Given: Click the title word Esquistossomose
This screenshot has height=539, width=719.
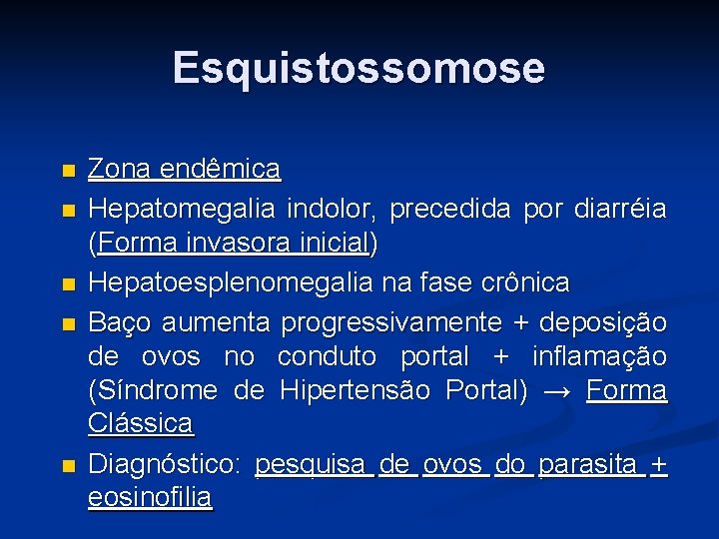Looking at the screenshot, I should pyautogui.click(x=359, y=69).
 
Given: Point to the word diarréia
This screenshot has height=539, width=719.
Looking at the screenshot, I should pyautogui.click(x=620, y=210).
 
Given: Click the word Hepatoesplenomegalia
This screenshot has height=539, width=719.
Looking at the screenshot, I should pyautogui.click(x=231, y=282).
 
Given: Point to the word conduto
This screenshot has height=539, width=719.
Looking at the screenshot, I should pyautogui.click(x=328, y=356).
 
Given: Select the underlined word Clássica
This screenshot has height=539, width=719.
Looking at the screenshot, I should pyautogui.click(x=140, y=422).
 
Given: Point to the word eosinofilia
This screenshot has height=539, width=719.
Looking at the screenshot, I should pyautogui.click(x=150, y=497).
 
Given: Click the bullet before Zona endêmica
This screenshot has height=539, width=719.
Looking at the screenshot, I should pyautogui.click(x=67, y=171).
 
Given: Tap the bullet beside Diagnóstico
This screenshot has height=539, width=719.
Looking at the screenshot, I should pyautogui.click(x=67, y=465).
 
